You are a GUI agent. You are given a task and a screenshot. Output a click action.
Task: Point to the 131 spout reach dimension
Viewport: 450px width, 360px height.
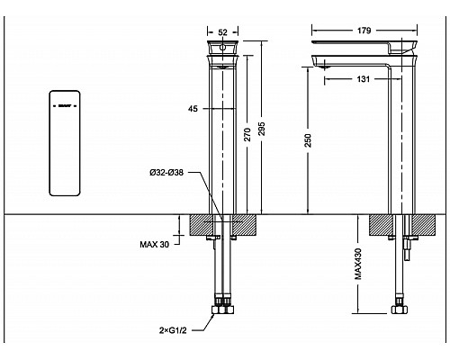pos(362,78)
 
